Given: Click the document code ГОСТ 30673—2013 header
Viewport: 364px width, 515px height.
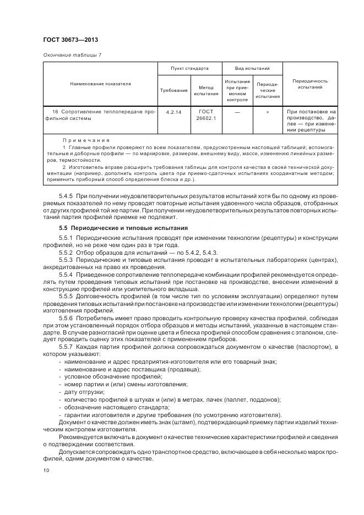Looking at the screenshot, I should [70, 40].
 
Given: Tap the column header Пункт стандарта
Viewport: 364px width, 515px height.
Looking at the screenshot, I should [190, 69].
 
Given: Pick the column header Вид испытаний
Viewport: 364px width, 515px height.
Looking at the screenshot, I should [252, 69].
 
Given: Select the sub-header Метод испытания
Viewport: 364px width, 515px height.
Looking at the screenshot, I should [206, 90].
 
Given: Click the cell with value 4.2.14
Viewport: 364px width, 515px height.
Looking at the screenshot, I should [173, 112].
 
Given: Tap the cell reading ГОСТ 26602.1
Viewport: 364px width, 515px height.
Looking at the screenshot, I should [206, 114].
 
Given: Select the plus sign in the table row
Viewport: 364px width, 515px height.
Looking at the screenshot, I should [268, 112].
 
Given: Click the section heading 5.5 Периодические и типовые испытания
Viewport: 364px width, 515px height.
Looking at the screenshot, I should [123, 228].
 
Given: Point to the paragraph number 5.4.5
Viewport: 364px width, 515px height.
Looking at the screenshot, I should [67, 196].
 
